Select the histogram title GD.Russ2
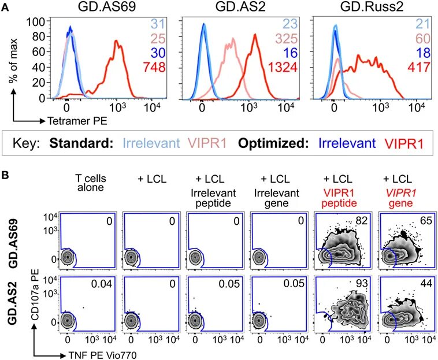coord(366,7)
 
